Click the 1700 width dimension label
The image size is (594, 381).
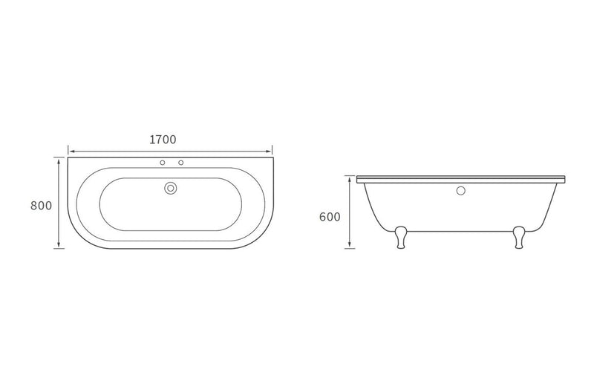coord(162,139)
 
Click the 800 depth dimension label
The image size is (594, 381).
coord(41,205)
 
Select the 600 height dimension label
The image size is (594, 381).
coord(330,217)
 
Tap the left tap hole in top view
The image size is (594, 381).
coord(161,162)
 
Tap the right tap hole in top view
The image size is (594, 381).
coord(180,162)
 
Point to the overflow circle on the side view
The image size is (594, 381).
coord(460,191)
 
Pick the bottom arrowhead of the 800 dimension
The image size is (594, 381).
coord(58,247)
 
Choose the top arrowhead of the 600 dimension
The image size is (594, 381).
coord(349,178)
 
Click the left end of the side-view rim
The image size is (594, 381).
coord(357,179)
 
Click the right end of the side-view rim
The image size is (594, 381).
coord(567,179)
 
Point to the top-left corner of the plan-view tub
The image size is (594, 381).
coord(69,157)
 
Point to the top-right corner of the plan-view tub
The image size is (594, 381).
coord(273,157)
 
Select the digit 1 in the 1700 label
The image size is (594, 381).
coord(151,139)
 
